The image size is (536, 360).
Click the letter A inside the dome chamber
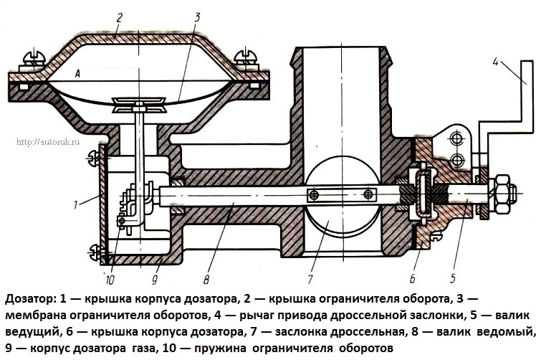76,73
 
